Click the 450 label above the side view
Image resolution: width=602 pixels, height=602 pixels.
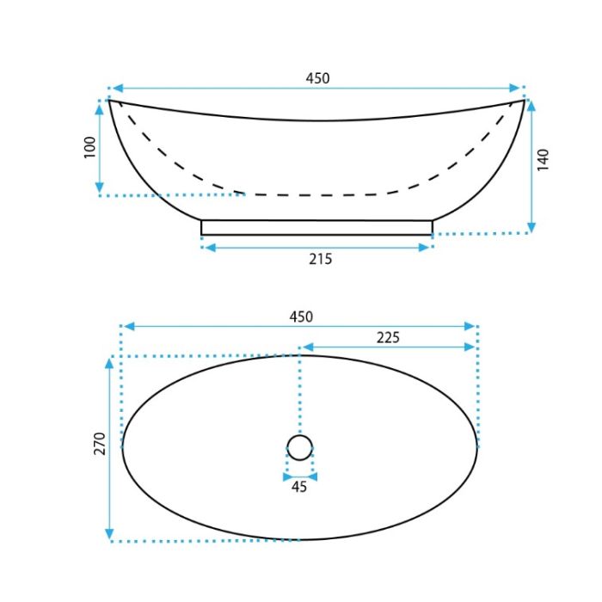point(317,78)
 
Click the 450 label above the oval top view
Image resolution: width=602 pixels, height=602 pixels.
point(301,316)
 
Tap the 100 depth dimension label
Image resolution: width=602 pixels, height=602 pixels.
point(89,147)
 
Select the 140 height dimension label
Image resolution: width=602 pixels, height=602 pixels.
point(543,160)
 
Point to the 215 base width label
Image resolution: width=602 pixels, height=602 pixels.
point(320,259)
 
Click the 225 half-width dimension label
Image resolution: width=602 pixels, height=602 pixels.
point(388,337)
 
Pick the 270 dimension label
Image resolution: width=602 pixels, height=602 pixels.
point(100,444)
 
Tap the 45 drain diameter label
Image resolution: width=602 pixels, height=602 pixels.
point(299,487)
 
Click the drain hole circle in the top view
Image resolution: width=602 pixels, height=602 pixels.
point(300,435)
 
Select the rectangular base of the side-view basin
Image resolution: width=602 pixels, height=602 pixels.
point(316,227)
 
